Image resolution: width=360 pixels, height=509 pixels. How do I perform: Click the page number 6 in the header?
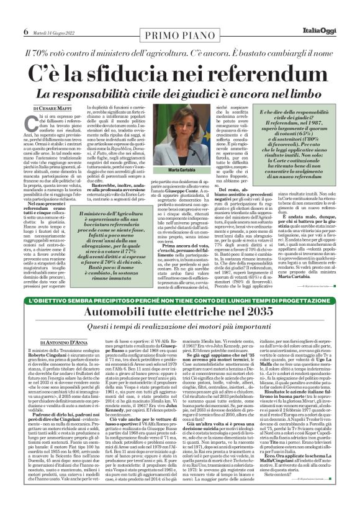pyautogui.click(x=25, y=32)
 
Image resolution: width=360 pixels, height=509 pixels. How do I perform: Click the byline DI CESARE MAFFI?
pyautogui.click(x=47, y=108)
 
